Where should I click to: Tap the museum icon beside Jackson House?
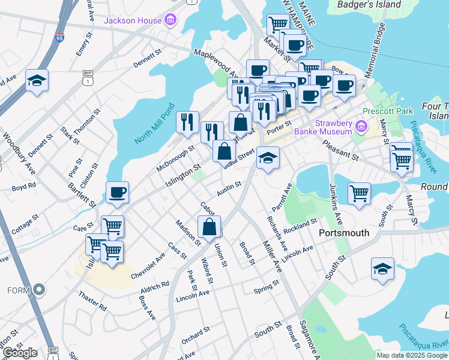coord(170,20)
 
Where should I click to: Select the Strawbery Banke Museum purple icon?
coord(361,127)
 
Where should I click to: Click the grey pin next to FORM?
coord(40,290)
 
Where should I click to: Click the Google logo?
coord(20,352)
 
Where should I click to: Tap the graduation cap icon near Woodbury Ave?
coord(37,81)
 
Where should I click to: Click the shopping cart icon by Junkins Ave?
coord(358,193)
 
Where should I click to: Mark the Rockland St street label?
coord(301,226)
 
